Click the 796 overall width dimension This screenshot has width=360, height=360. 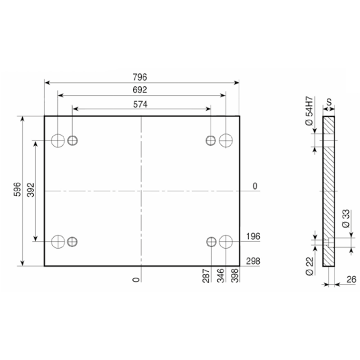point(140,77)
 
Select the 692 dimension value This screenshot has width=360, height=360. point(140,90)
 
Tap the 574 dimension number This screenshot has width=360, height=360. point(140,104)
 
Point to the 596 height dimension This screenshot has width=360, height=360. point(17,189)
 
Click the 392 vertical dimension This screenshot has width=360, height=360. point(31,190)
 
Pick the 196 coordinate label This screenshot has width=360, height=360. point(253,237)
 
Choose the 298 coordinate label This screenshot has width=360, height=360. point(253,261)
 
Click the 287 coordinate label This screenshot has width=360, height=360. point(206,275)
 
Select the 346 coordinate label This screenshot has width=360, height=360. point(220,275)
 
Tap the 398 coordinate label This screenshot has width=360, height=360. point(235,275)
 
